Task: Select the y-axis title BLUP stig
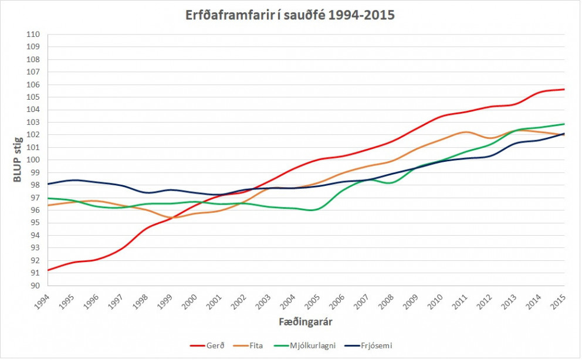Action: [18, 160]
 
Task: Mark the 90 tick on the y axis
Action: [35, 286]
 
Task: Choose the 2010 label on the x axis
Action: [436, 301]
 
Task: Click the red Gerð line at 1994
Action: [48, 270]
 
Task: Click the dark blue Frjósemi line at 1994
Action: [48, 184]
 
